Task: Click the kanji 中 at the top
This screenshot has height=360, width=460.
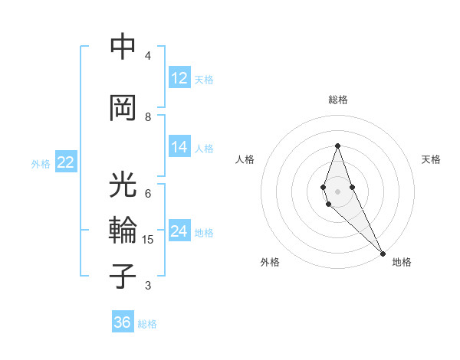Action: [123, 48]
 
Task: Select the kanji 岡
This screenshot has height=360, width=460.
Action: [123, 107]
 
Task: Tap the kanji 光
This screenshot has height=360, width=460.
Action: [123, 186]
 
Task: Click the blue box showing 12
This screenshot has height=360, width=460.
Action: [179, 78]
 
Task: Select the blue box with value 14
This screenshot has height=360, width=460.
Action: [179, 147]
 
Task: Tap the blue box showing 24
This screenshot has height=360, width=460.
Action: [179, 231]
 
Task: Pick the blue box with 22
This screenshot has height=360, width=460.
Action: [66, 162]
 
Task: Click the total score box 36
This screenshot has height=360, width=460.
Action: [123, 322]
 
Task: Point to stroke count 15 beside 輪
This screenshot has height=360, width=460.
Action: [148, 241]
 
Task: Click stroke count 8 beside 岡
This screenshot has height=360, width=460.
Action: [148, 117]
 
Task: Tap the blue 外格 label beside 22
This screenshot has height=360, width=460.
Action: [41, 163]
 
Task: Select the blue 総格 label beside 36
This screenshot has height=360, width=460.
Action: [147, 324]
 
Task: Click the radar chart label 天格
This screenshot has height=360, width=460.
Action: [431, 159]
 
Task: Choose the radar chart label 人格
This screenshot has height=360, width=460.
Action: [245, 159]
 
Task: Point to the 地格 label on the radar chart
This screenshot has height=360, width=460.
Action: [402, 262]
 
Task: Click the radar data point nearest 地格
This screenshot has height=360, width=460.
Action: [383, 253]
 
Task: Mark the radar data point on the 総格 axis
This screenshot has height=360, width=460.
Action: [337, 146]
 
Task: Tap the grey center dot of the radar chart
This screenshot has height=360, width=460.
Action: [337, 191]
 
